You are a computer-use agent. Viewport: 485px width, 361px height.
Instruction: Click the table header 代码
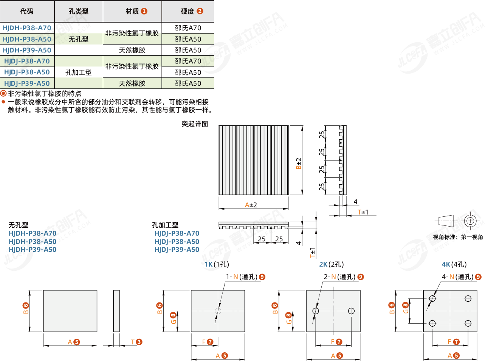click(26, 11)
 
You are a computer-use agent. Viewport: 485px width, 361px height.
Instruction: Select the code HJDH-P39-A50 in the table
click(27, 50)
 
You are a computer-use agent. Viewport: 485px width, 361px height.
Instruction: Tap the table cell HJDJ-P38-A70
click(27, 61)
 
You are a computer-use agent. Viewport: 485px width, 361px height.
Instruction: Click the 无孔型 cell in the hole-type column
click(79, 39)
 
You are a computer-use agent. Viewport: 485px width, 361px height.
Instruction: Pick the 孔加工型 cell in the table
click(79, 73)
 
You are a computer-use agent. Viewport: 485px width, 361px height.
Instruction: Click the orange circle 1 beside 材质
click(144, 11)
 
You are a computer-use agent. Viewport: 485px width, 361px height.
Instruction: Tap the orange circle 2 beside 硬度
click(200, 11)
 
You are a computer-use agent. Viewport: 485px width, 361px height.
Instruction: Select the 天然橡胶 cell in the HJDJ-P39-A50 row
click(132, 83)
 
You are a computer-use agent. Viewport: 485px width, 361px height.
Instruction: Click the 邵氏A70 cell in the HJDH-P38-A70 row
click(188, 28)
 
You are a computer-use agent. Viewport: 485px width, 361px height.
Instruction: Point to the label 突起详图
click(195, 124)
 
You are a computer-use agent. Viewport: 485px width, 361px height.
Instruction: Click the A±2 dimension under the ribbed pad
click(251, 205)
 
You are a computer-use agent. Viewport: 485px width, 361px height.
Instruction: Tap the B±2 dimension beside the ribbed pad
click(299, 163)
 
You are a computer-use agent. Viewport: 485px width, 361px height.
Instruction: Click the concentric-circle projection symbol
click(470, 221)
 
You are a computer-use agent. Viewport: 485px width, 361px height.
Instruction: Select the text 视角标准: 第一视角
click(458, 237)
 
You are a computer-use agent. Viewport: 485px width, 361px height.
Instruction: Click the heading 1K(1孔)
click(217, 264)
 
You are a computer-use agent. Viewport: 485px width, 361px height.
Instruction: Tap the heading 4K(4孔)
click(454, 264)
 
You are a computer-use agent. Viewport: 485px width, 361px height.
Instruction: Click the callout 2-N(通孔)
click(339, 277)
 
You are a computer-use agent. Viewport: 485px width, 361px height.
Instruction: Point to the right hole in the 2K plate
click(351, 311)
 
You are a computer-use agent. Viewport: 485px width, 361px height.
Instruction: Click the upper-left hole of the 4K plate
click(432, 299)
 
